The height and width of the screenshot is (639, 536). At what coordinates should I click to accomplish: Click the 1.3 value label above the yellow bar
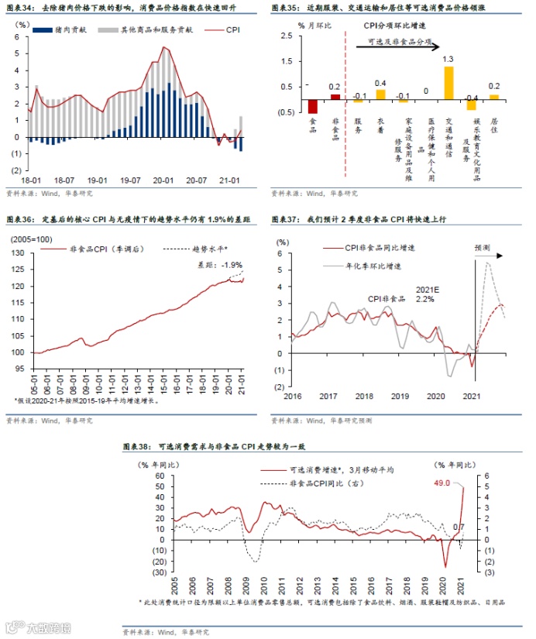448,59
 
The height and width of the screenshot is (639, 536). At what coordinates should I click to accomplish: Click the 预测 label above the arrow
483,248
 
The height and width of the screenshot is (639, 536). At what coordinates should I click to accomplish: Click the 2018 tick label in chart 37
365,395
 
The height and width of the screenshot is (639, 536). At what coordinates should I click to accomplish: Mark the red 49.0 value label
443,483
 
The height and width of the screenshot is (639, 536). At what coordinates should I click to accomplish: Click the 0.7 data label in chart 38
459,527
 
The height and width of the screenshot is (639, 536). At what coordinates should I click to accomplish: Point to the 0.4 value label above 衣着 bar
380,83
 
